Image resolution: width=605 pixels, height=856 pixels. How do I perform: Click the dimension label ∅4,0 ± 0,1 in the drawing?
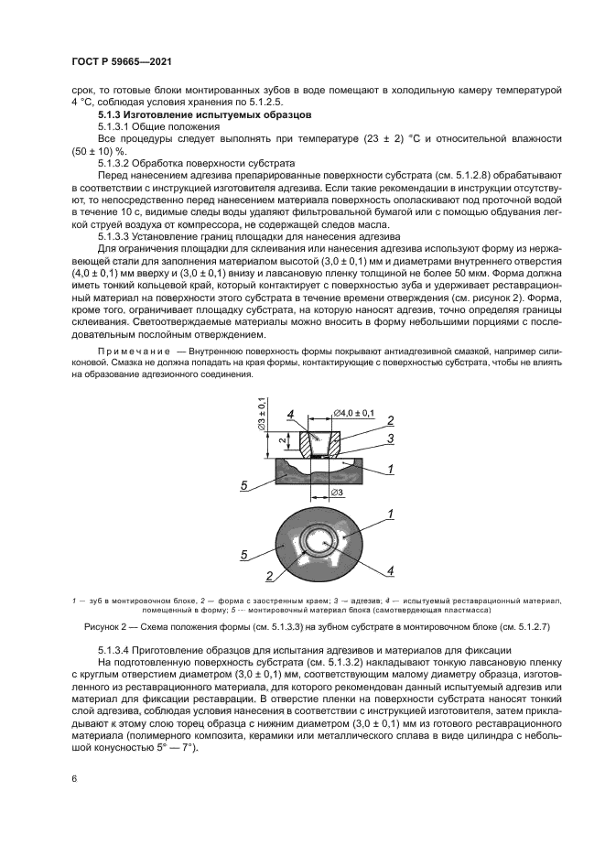353,415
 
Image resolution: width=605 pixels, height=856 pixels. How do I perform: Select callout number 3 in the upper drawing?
389,439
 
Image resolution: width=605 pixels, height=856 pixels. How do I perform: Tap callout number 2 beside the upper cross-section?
389,420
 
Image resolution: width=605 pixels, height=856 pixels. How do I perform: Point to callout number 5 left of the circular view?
244,554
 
